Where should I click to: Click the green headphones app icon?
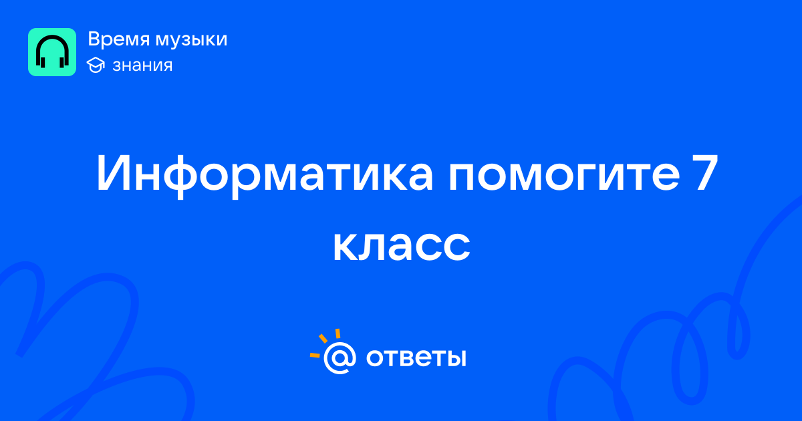pyautogui.click(x=52, y=52)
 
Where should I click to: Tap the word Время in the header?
pyautogui.click(x=118, y=39)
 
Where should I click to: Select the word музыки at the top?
pyautogui.click(x=191, y=40)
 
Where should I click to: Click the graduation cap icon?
pyautogui.click(x=96, y=65)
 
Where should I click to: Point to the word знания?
pyautogui.click(x=142, y=65)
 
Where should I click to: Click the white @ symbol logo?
pyautogui.click(x=340, y=358)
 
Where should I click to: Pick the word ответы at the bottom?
pyautogui.click(x=416, y=358)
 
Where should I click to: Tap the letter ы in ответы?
pyautogui.click(x=456, y=358)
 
